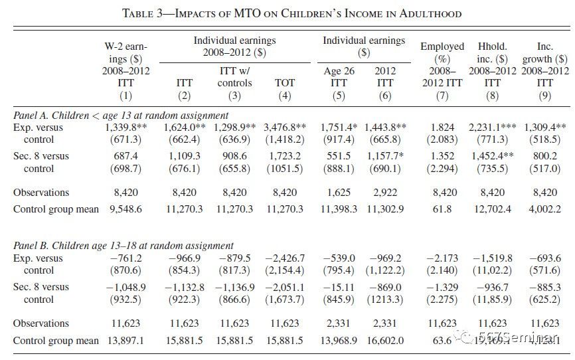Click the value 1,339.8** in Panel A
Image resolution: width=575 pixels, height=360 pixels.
pyautogui.click(x=126, y=126)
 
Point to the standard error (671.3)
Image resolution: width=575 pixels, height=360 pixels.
pyautogui.click(x=125, y=139)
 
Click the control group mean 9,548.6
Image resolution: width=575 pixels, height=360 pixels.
pyautogui.click(x=125, y=209)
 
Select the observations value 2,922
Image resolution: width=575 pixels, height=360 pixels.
pyautogui.click(x=384, y=193)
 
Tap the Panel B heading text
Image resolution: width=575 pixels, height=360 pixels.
pyautogui.click(x=123, y=245)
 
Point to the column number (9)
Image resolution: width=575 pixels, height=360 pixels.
pyautogui.click(x=545, y=96)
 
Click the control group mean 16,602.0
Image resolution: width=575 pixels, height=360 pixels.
pyautogui.click(x=384, y=339)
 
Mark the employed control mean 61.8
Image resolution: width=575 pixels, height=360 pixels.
pyautogui.click(x=442, y=209)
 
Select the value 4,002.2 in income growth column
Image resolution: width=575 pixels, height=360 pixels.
pyautogui.click(x=545, y=209)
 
